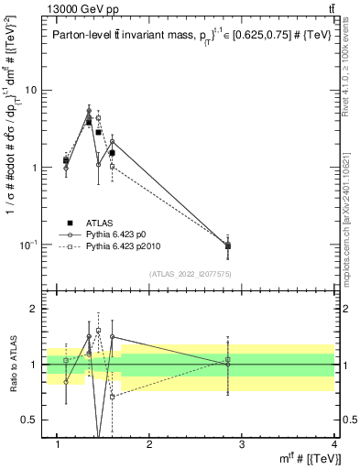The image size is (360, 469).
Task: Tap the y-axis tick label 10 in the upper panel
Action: (x=31, y=91)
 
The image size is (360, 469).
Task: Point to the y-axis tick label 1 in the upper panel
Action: (x=35, y=168)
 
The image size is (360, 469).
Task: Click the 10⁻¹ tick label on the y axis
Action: (x=28, y=245)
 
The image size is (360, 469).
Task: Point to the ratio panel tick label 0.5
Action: (x=30, y=420)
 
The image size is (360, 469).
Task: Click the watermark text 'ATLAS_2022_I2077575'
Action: (x=189, y=273)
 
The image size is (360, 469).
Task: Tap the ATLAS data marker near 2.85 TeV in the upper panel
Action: (x=228, y=245)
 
